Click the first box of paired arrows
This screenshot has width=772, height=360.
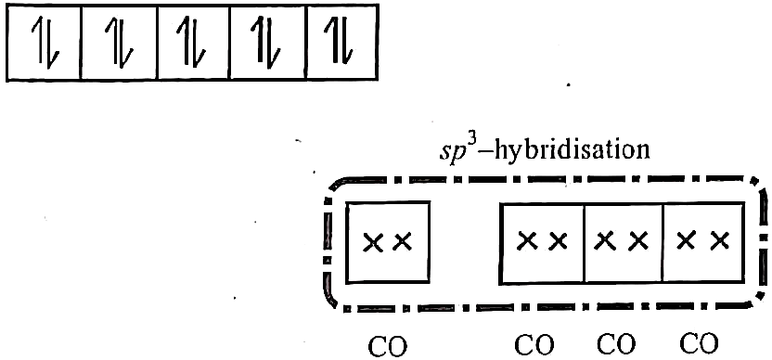point(44,42)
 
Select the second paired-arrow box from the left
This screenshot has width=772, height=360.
point(119,42)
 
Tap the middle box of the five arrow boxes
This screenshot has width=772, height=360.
point(194,42)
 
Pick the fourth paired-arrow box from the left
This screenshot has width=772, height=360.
point(268,42)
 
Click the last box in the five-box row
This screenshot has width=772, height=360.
point(342,42)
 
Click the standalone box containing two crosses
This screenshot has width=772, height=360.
point(388,242)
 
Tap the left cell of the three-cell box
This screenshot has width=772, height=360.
point(542,243)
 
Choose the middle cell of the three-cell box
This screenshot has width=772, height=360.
point(624,243)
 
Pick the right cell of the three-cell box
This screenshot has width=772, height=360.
point(703,243)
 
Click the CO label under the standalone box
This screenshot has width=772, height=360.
point(388,346)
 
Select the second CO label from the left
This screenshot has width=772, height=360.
point(535,345)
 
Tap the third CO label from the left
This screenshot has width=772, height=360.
point(616,345)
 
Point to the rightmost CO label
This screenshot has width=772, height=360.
point(699,345)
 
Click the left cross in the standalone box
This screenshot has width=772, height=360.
point(374,242)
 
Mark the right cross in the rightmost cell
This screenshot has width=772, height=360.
point(719,240)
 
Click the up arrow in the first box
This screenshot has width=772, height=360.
point(40,42)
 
